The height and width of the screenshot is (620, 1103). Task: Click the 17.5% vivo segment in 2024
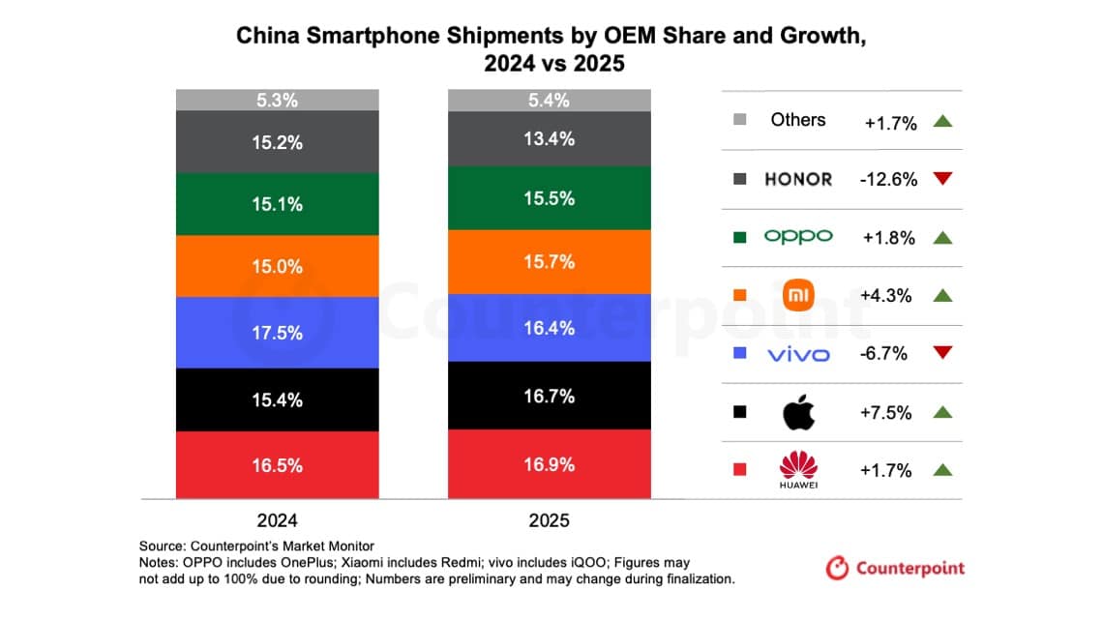click(277, 333)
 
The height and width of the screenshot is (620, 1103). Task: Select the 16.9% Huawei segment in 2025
click(549, 463)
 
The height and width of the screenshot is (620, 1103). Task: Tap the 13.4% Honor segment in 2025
click(549, 138)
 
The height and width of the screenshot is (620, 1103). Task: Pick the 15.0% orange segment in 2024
click(277, 266)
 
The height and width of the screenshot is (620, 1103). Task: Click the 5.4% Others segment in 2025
click(549, 100)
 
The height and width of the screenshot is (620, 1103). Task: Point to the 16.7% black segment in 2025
click(549, 396)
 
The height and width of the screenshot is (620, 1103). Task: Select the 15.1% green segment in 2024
click(277, 204)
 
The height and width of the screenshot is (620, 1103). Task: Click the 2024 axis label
click(277, 520)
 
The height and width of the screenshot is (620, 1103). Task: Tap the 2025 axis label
click(549, 520)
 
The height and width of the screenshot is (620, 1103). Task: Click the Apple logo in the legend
click(798, 413)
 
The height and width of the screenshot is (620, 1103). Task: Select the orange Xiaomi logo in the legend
click(798, 296)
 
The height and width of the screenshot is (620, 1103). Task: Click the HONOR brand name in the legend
click(798, 179)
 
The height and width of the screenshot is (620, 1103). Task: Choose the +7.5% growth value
click(886, 413)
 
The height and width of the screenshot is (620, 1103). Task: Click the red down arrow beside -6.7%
click(943, 354)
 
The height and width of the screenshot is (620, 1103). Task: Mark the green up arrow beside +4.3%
click(943, 296)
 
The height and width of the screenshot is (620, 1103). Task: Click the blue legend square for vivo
click(740, 354)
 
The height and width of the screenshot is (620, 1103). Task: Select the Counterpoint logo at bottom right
click(895, 568)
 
